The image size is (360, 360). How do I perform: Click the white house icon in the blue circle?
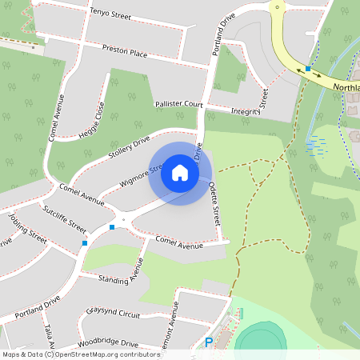[x=180, y=173]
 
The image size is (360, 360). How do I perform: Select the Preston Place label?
[x=125, y=50]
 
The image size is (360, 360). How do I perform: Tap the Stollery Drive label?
[x=129, y=148]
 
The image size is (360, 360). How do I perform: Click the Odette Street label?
[x=214, y=200]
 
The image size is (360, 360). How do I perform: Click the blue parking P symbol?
[x=209, y=342]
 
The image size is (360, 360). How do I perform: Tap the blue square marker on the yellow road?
[x=308, y=69]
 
